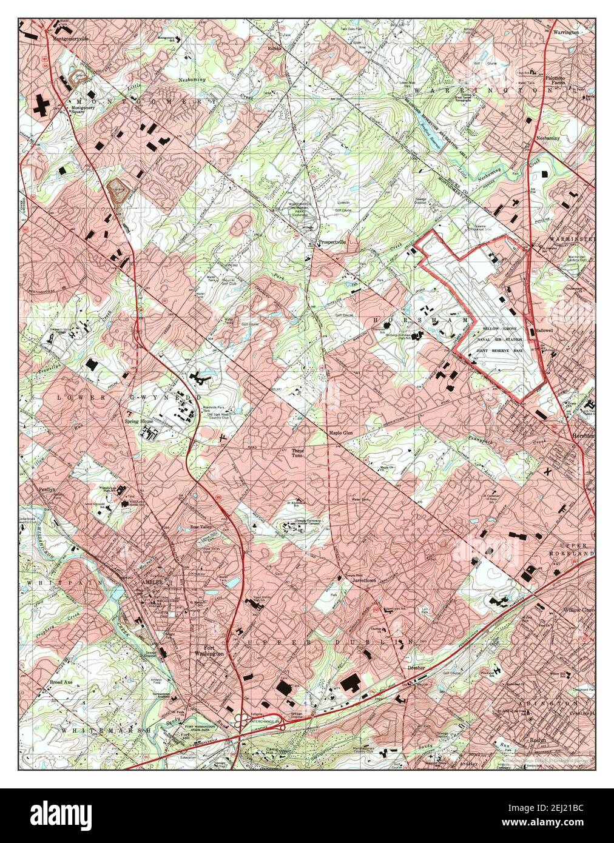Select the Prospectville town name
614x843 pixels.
tap(332, 242)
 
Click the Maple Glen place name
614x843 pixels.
tap(341, 433)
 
